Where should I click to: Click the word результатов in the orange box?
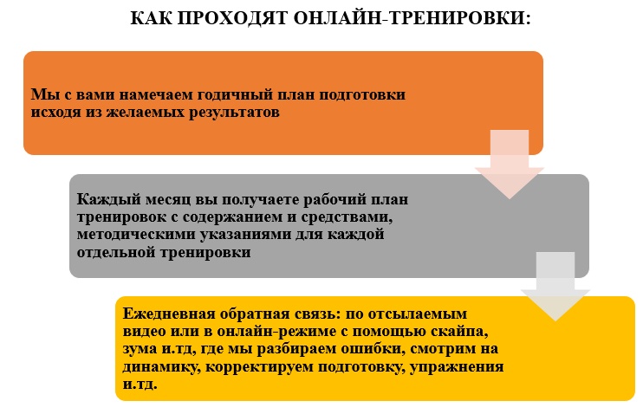click(234, 113)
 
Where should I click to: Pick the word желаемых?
click(146, 113)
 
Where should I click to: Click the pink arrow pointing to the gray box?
click(510, 164)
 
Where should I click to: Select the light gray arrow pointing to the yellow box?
click(555, 286)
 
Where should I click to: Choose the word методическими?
click(137, 235)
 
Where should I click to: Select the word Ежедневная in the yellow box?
click(169, 314)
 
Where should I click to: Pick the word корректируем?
click(260, 367)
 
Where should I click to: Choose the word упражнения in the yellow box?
click(457, 367)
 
